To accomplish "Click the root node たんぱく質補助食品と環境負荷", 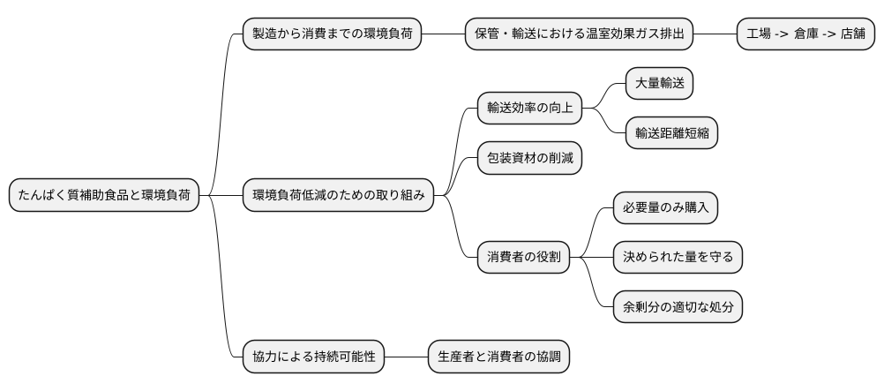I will click(x=104, y=195).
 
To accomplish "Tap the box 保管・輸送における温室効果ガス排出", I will click(x=579, y=34).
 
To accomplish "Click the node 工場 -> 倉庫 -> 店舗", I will click(x=805, y=34).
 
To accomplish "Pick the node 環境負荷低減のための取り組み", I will click(x=339, y=195).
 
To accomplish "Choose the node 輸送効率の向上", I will click(x=529, y=109).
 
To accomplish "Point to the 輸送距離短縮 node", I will click(x=670, y=133).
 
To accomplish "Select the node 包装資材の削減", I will click(x=529, y=158).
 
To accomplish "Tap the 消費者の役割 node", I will click(x=523, y=258).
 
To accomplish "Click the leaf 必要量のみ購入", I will click(x=665, y=208).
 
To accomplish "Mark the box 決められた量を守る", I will click(x=678, y=258).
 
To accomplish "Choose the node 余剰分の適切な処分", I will click(x=678, y=307).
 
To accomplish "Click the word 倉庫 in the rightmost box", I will click(x=805, y=34).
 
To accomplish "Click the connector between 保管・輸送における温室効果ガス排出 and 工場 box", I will click(x=715, y=34).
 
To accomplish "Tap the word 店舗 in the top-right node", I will click(x=852, y=34).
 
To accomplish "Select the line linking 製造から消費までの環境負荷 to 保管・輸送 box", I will click(x=443, y=34).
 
